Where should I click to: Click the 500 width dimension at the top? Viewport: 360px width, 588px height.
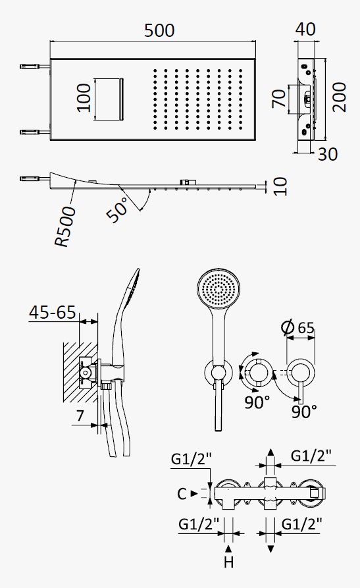pyautogui.click(x=159, y=31)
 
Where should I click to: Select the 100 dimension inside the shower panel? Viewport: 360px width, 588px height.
pyautogui.click(x=84, y=98)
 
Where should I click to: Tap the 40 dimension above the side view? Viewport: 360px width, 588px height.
pyautogui.click(x=305, y=29)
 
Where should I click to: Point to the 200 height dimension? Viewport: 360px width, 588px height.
pyautogui.click(x=340, y=97)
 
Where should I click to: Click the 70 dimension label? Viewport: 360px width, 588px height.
pyautogui.click(x=279, y=98)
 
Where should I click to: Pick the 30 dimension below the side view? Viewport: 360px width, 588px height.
pyautogui.click(x=327, y=154)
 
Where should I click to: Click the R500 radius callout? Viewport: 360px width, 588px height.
pyautogui.click(x=65, y=227)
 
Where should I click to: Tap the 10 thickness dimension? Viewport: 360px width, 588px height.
pyautogui.click(x=280, y=186)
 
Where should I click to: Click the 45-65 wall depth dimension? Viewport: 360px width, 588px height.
pyautogui.click(x=53, y=312)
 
